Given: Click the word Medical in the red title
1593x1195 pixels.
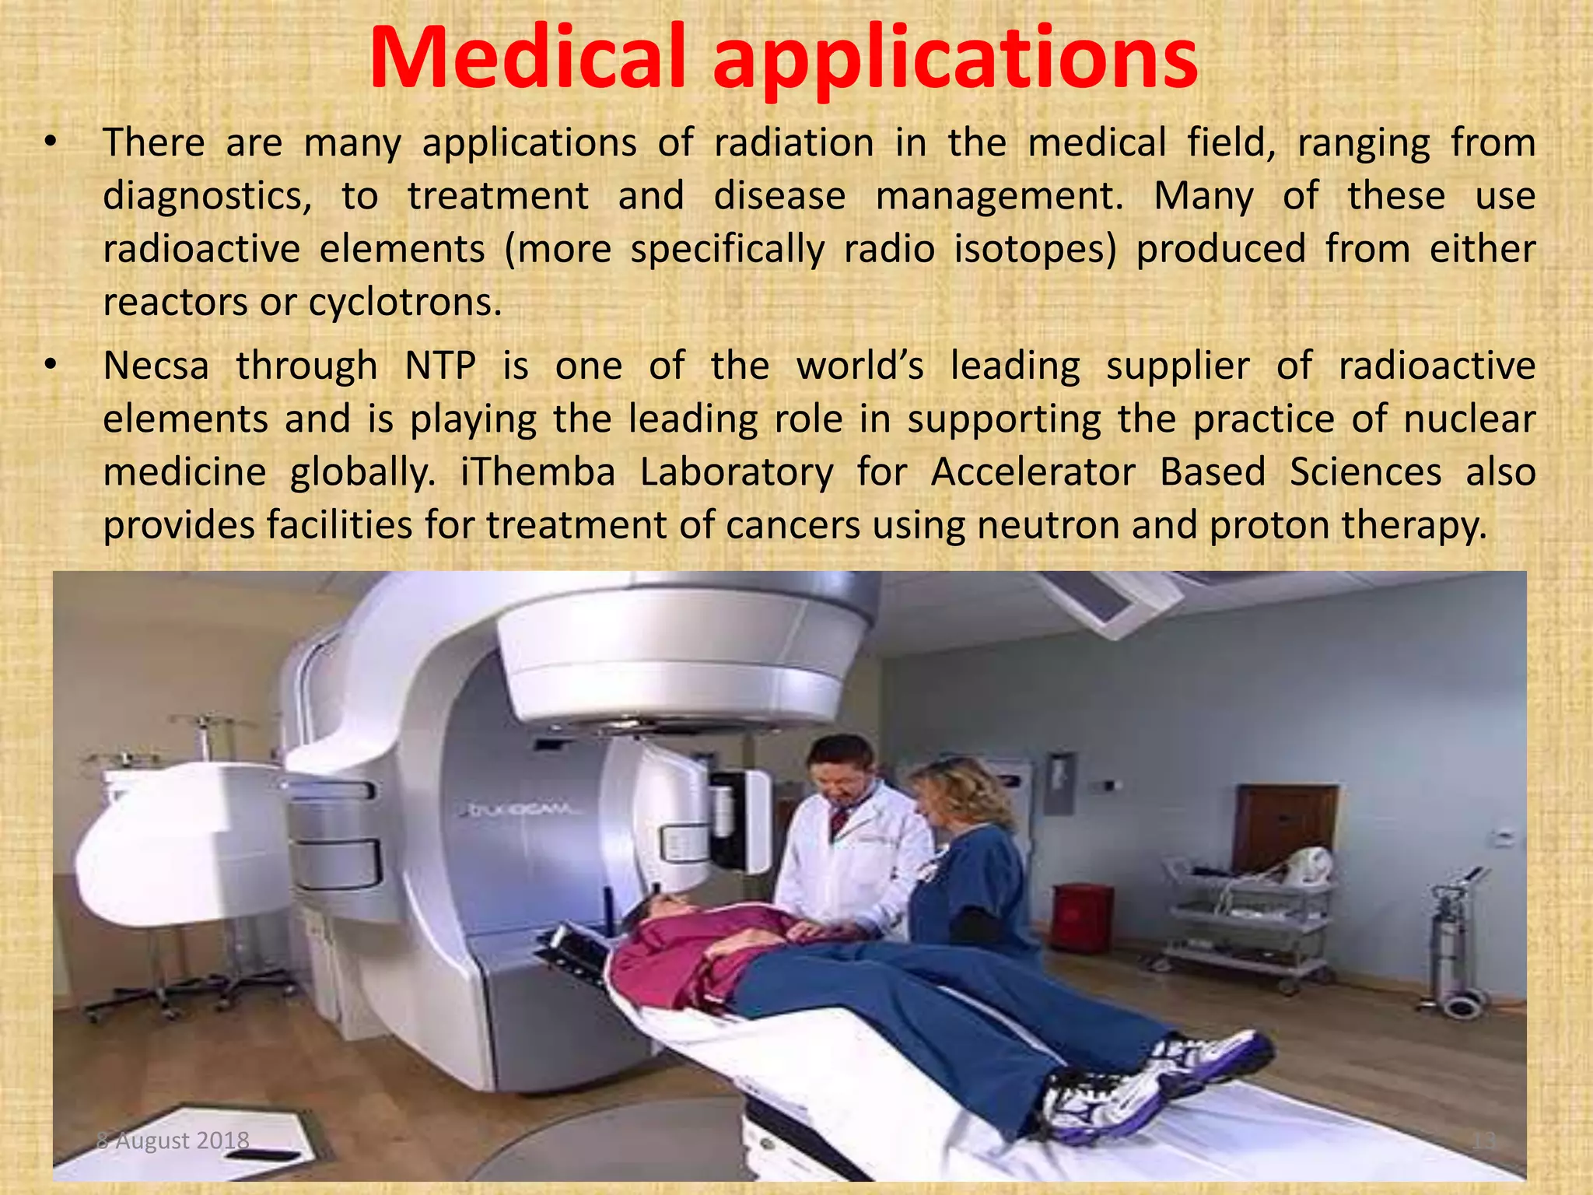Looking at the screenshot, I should (x=527, y=58).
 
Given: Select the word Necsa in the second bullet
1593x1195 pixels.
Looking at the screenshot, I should (x=156, y=366).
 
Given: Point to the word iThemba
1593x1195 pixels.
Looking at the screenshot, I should (x=537, y=472).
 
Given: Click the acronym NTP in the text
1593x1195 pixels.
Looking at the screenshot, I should (x=440, y=366).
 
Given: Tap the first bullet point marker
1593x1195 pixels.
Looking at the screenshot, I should (x=51, y=142).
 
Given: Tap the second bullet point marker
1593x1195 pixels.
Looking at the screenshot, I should (x=51, y=365).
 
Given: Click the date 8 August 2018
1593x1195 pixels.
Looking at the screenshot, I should (x=173, y=1141).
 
